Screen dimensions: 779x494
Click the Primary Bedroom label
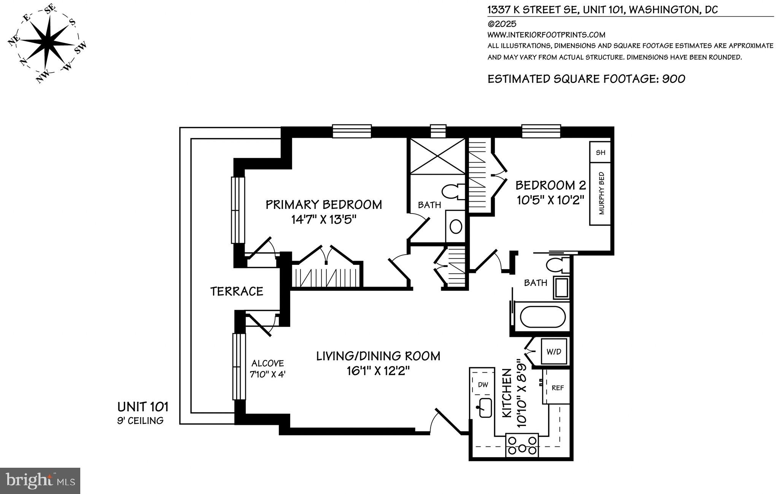pos(323,204)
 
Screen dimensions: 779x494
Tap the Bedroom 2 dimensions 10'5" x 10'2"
pos(550,200)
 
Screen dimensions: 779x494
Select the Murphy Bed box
pos(600,194)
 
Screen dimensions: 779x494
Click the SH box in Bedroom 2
pos(600,152)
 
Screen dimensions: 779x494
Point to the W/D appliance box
pos(554,351)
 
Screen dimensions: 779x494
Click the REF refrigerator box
pos(557,387)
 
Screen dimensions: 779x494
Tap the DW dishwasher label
pos(483,385)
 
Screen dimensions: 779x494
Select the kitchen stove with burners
pos(521,445)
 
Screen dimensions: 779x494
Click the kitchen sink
pos(485,408)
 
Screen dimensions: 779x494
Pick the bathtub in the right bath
pos(543,317)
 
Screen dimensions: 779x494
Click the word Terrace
pos(237,292)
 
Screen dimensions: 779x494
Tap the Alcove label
pos(268,363)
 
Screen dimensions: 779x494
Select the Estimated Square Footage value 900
pos(674,79)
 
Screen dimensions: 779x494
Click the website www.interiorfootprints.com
pos(546,35)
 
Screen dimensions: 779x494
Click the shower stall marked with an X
pos(436,156)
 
